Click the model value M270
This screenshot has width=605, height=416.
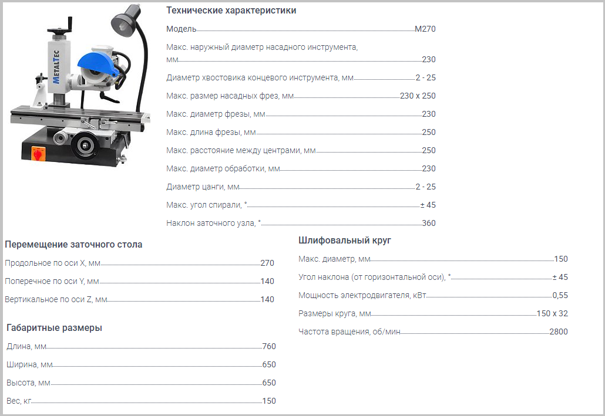pyautogui.click(x=425, y=29)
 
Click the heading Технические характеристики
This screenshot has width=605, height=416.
pyautogui.click(x=231, y=11)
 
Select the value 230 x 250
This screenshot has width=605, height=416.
pyautogui.click(x=418, y=96)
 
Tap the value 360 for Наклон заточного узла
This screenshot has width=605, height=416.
pyautogui.click(x=429, y=223)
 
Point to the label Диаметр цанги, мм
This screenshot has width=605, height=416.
pyautogui.click(x=203, y=187)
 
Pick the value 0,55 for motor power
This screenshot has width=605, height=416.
pyautogui.click(x=560, y=295)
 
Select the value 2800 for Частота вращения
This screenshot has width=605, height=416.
pyautogui.click(x=559, y=332)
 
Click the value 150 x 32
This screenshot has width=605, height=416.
pyautogui.click(x=552, y=313)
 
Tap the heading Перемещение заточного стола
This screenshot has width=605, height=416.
pyautogui.click(x=73, y=244)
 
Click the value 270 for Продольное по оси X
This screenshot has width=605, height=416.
pyautogui.click(x=267, y=263)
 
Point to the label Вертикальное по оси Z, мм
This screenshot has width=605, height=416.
pyautogui.click(x=56, y=299)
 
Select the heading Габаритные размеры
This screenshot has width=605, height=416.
pyautogui.click(x=54, y=327)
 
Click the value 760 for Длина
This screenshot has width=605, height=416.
pyautogui.click(x=269, y=346)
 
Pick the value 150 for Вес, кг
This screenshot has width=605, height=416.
pyautogui.click(x=269, y=401)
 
